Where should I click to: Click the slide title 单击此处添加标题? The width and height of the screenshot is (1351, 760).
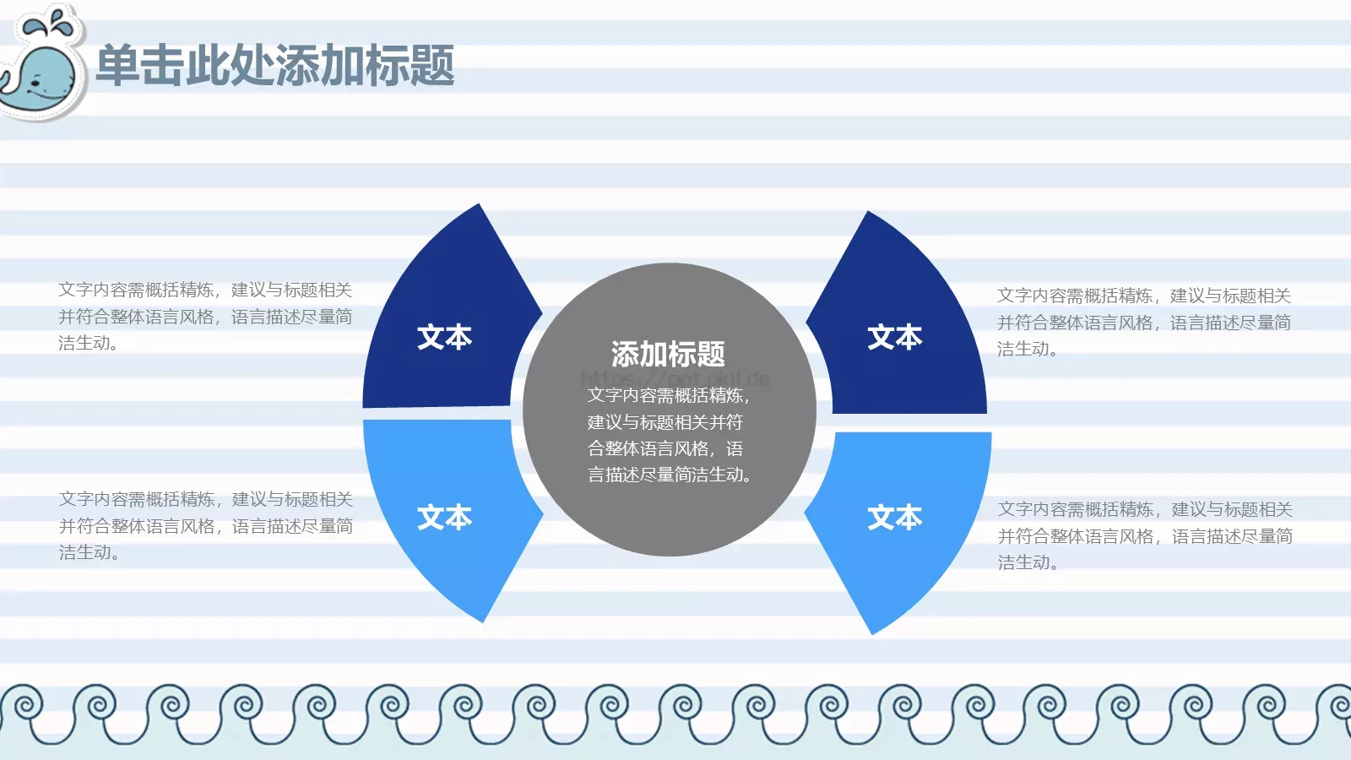pos(275,66)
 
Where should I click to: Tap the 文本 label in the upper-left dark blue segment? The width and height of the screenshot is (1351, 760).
pos(444,337)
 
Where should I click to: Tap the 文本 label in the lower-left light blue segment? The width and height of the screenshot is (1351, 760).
pos(444,517)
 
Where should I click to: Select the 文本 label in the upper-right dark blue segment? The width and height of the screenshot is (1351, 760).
pos(894,337)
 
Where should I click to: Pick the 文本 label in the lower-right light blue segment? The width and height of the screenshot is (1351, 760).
pos(894,517)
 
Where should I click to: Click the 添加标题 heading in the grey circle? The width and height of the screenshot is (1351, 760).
pos(668,354)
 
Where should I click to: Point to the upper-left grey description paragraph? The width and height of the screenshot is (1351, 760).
pos(205,317)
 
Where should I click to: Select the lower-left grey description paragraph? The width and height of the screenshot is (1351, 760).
pos(205,525)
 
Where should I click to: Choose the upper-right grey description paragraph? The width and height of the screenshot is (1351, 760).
pos(1143,322)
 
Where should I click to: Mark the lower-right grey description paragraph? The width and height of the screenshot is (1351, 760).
pos(1145,535)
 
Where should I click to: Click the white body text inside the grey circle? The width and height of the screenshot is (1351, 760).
pos(668,435)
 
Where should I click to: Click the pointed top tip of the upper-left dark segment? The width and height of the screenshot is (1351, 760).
pos(479,206)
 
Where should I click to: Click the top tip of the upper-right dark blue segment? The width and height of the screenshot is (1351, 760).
pos(868,213)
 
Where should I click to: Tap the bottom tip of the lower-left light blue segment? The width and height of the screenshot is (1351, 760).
pos(482,620)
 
